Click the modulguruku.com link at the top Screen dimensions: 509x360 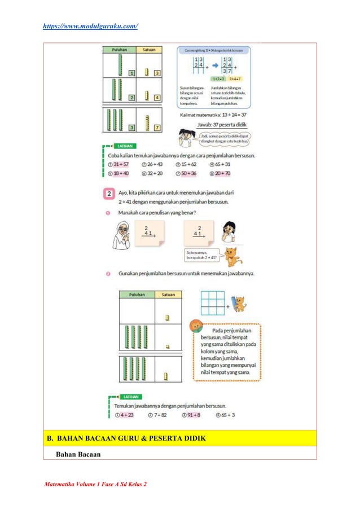tap(90, 26)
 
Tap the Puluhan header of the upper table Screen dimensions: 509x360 tap(119, 49)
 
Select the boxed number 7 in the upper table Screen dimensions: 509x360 tap(157, 128)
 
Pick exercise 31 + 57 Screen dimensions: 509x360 tap(121, 164)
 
